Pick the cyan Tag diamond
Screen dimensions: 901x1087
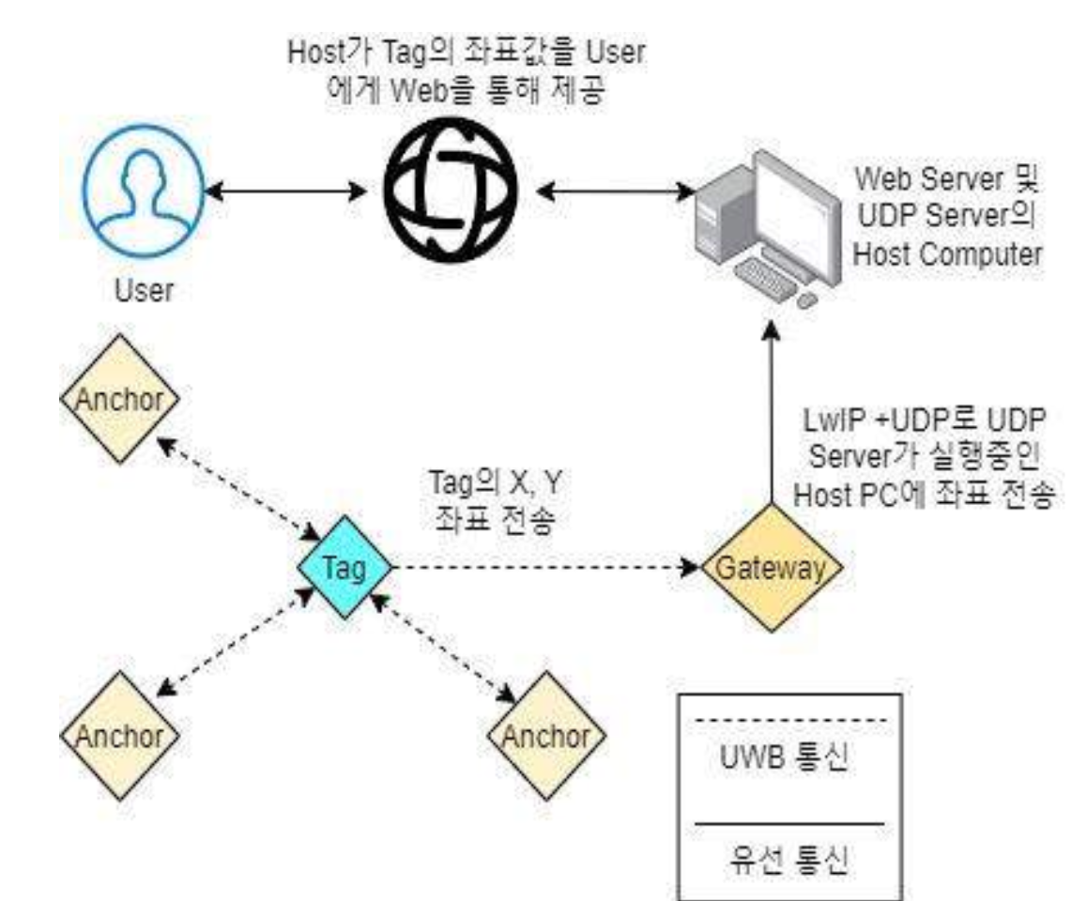(344, 568)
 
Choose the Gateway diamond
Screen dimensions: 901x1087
(773, 568)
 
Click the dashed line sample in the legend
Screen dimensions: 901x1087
(789, 721)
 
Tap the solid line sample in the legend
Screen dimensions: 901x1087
(789, 824)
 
